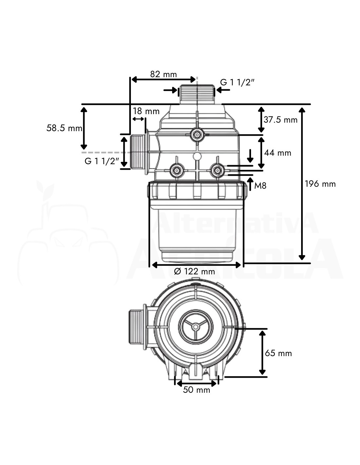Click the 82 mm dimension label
163,74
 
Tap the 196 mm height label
320,184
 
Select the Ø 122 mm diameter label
194,271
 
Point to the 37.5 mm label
280,120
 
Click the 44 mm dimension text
278,153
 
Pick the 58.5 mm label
64,128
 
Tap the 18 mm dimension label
146,111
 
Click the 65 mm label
279,353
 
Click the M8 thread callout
260,186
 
